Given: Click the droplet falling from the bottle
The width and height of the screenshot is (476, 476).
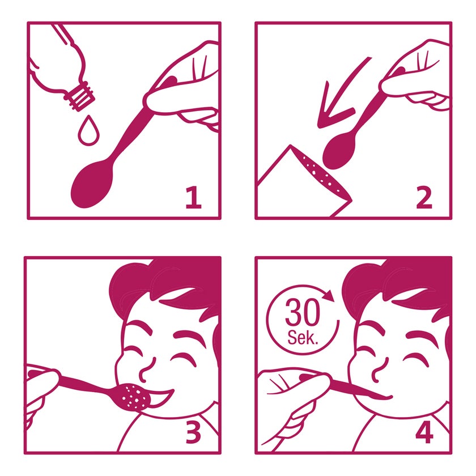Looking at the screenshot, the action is (88, 131).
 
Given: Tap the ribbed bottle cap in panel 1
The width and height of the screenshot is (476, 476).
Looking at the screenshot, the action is (79, 96).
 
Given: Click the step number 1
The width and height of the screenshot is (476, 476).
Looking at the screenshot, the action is (193, 197).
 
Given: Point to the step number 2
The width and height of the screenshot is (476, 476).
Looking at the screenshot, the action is (424, 197).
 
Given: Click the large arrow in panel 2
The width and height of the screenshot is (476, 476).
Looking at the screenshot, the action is (340, 97).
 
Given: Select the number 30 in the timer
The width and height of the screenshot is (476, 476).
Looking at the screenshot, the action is (303, 313).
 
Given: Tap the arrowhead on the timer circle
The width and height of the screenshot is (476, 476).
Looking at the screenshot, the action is (329, 295).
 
